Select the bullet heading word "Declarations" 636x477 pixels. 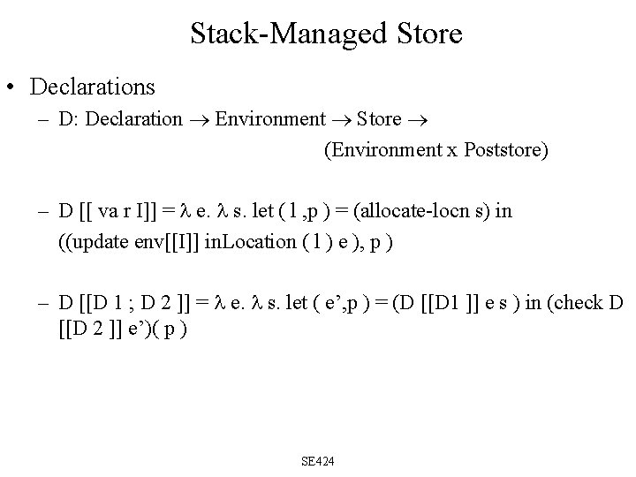coord(93,87)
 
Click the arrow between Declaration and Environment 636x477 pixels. coord(199,119)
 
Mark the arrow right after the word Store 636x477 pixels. coord(416,119)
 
